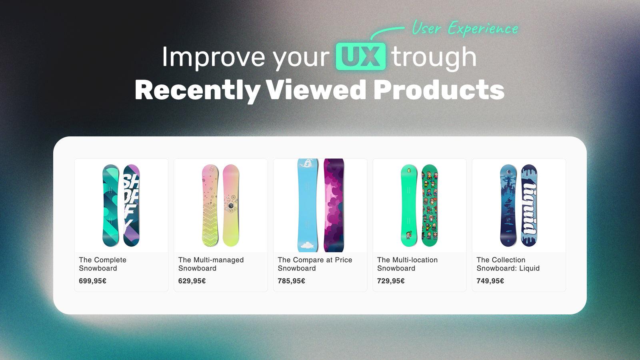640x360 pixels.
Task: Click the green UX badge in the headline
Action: (x=360, y=57)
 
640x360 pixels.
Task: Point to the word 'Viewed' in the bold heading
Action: (x=316, y=90)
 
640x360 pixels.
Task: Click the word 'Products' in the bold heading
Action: (x=439, y=90)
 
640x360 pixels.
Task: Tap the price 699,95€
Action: (x=92, y=281)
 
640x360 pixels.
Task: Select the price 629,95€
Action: (x=192, y=281)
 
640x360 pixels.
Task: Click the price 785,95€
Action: (x=291, y=281)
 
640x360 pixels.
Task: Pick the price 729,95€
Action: (x=391, y=281)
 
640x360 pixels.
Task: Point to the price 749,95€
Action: (x=490, y=281)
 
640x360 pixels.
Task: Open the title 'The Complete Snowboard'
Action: (x=102, y=264)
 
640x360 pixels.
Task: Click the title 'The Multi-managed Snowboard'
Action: (x=211, y=264)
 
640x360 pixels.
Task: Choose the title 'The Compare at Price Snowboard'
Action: (x=315, y=264)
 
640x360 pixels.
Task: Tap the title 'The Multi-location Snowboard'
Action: (x=407, y=264)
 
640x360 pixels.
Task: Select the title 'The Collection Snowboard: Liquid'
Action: (x=508, y=264)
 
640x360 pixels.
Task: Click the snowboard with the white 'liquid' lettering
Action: (x=529, y=206)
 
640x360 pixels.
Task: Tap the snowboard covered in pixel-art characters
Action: (x=430, y=206)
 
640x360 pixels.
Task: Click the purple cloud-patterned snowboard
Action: (x=334, y=206)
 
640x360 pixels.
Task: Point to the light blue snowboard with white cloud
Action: (x=308, y=206)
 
